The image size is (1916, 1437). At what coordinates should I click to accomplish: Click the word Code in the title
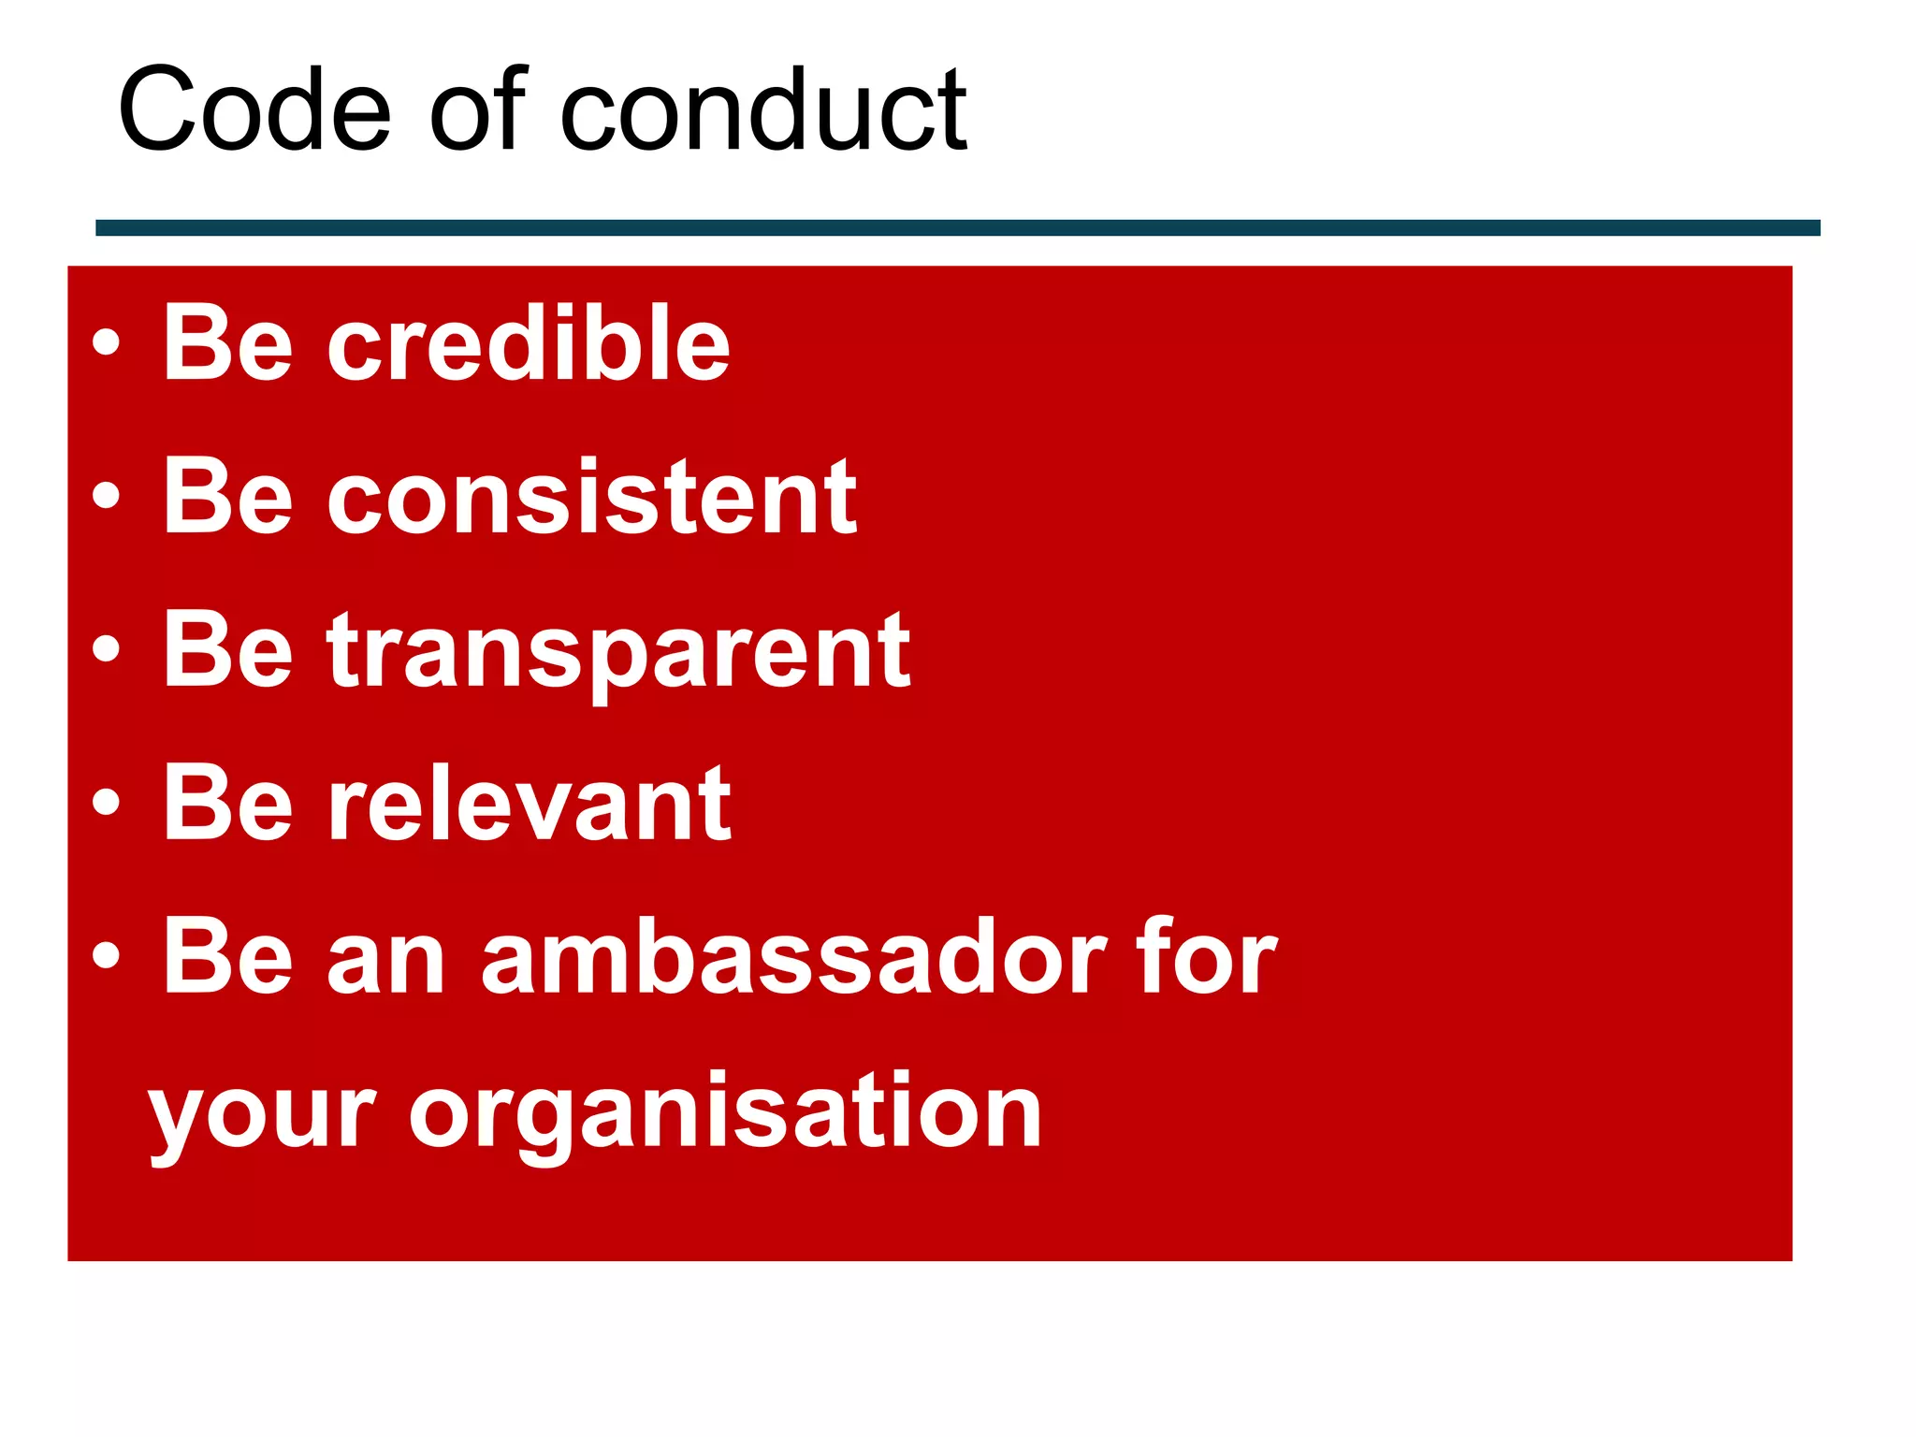pos(254,110)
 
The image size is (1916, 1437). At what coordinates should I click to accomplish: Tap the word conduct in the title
pos(762,110)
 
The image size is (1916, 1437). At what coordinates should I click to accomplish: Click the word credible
pos(528,343)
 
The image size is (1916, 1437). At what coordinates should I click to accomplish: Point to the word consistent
pos(591,498)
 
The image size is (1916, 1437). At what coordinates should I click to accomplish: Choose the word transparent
pos(617,652)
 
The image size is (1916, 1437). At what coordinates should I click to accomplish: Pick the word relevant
pos(529,804)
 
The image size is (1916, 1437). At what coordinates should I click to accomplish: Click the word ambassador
pos(794,958)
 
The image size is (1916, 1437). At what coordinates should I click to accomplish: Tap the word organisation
pos(725,1113)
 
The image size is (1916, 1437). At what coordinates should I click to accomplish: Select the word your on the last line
pos(262,1118)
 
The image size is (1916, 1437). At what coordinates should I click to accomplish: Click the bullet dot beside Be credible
pos(107,342)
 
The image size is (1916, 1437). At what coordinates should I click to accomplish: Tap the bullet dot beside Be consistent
pos(107,495)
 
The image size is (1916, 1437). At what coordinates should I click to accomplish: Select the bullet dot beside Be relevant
pos(107,802)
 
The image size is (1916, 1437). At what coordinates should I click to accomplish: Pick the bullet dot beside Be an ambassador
pos(107,955)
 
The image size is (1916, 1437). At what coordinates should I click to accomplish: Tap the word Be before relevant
pos(228,804)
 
